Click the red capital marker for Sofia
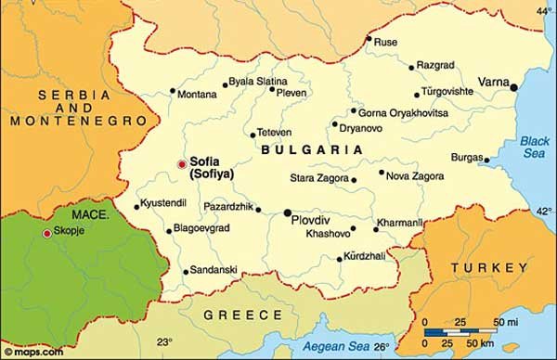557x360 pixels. coord(182,164)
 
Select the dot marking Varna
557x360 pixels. coord(514,86)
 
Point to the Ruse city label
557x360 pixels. coord(385,42)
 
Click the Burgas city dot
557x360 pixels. coord(486,160)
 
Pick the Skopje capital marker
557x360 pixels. coord(47,233)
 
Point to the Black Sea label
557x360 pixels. coord(534,147)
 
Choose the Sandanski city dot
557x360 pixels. coord(186,272)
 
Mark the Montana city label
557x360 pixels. coord(197,94)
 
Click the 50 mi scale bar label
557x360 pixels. coord(505,321)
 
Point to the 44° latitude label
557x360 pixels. coord(544,11)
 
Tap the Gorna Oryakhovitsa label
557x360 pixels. coord(403,112)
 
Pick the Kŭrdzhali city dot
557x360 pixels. coord(340,258)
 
